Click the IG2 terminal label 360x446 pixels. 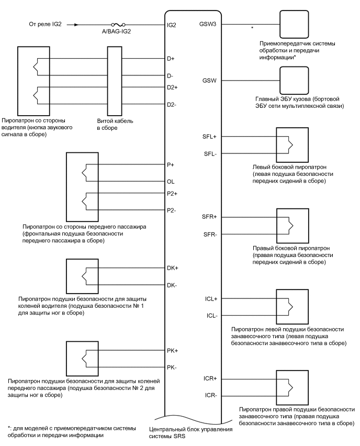171,25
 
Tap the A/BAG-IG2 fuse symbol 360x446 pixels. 118,25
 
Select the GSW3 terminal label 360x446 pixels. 208,25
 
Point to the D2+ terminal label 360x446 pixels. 173,87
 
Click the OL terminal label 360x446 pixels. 171,182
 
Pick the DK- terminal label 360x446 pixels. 172,285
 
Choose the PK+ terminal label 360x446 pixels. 173,350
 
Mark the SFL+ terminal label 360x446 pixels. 208,137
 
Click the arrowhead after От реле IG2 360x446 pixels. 77,25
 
